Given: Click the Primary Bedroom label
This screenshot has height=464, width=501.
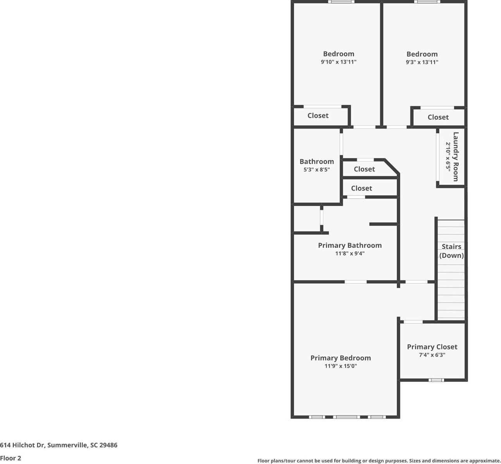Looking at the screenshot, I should point(340,358).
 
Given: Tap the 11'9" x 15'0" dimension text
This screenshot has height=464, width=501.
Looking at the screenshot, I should point(340,366).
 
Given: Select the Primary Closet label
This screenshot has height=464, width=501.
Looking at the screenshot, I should point(432,347).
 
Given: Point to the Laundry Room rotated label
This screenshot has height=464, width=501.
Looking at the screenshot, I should point(456,156).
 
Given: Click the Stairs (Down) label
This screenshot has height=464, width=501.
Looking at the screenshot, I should point(451,251).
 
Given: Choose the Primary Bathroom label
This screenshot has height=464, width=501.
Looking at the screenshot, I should point(349,245).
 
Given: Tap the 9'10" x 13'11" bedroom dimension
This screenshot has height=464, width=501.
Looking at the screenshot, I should point(338,62).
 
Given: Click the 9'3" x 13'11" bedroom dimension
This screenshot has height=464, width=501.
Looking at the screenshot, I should point(422,62).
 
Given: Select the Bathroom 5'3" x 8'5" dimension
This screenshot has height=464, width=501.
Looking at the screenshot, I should point(316,170).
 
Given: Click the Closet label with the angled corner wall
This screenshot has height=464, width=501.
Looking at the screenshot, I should point(364,169).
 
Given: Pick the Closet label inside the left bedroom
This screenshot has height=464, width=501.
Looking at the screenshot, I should point(318,115).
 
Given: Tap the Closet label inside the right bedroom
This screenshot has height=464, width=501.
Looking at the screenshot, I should point(438,117).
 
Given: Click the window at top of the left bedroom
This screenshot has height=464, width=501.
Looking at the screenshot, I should point(341,2).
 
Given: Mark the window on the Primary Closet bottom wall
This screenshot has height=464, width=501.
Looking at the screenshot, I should point(436,380).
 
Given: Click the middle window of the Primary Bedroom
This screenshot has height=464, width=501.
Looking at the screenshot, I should point(346,417).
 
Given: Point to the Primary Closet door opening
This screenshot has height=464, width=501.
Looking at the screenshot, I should point(413,322).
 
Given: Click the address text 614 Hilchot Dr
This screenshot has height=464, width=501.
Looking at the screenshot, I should point(59,445).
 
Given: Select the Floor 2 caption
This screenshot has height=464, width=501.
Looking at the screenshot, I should point(10,458).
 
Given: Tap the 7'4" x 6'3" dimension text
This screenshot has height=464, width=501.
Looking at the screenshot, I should point(432,355).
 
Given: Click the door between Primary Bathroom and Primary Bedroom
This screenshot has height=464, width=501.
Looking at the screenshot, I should point(355,282).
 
